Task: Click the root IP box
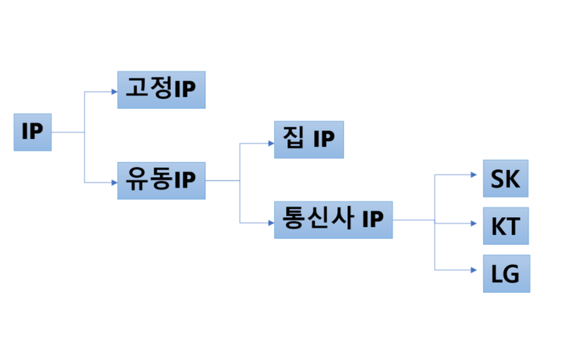tap(32, 132)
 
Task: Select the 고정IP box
tap(161, 90)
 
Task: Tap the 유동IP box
tap(161, 181)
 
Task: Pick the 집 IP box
tap(308, 139)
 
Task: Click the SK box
tap(504, 178)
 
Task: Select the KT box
tap(505, 226)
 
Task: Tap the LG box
tap(505, 273)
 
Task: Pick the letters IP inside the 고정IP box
tap(185, 90)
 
